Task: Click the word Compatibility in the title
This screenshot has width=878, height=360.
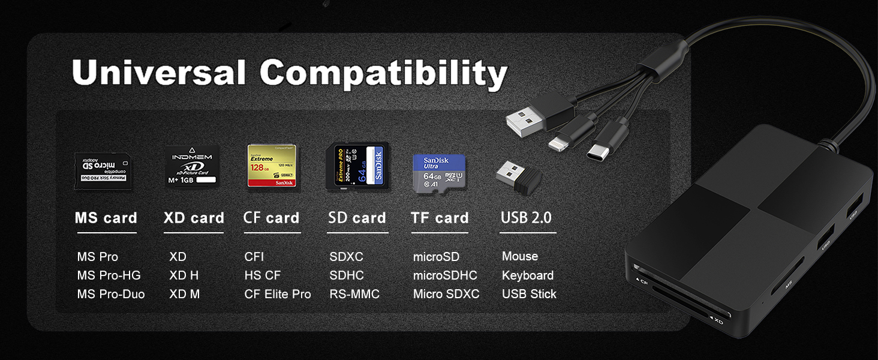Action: pos(384,74)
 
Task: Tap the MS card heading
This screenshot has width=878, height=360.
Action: pos(106,218)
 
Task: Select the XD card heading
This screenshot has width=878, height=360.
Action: pos(194,218)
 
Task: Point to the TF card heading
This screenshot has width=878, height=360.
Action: pos(440,218)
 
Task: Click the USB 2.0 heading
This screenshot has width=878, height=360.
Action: pos(526,218)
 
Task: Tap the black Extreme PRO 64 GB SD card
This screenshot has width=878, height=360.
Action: pos(357,167)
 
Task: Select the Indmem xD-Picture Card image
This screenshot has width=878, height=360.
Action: pos(192,166)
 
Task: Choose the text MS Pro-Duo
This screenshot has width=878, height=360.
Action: pos(111,294)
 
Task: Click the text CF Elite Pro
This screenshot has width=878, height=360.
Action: pos(278,294)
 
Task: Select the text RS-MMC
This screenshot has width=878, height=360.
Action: pos(354,294)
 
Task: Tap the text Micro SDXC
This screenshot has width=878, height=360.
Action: pos(446,294)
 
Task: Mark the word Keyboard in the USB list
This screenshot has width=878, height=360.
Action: pos(528,275)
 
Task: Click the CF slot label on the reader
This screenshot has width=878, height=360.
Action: pos(641,281)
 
